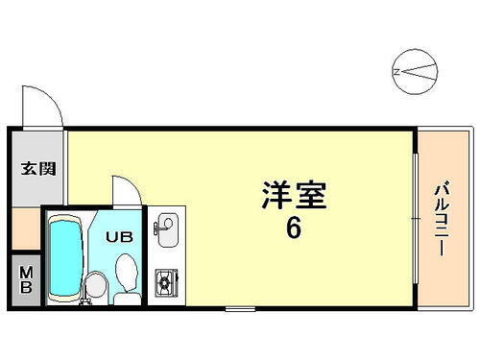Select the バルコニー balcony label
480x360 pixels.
[443, 219]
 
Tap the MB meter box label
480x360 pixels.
[27, 280]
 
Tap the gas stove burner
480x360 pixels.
[165, 281]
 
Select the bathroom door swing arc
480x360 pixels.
[122, 189]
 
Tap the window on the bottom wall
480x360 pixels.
[240, 308]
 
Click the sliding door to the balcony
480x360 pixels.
[415, 219]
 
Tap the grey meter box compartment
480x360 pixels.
[27, 280]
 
